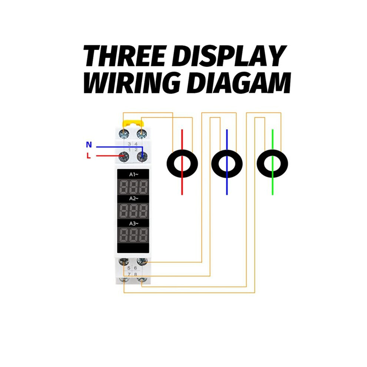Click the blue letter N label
point(89,145)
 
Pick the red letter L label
point(89,156)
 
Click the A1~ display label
point(134,174)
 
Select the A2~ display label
point(134,198)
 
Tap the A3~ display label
point(134,224)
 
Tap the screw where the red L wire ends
point(123,156)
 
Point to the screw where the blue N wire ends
point(142,156)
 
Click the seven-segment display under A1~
point(133,186)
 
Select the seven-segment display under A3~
point(133,235)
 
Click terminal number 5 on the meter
point(129,268)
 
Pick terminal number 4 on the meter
point(136,144)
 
